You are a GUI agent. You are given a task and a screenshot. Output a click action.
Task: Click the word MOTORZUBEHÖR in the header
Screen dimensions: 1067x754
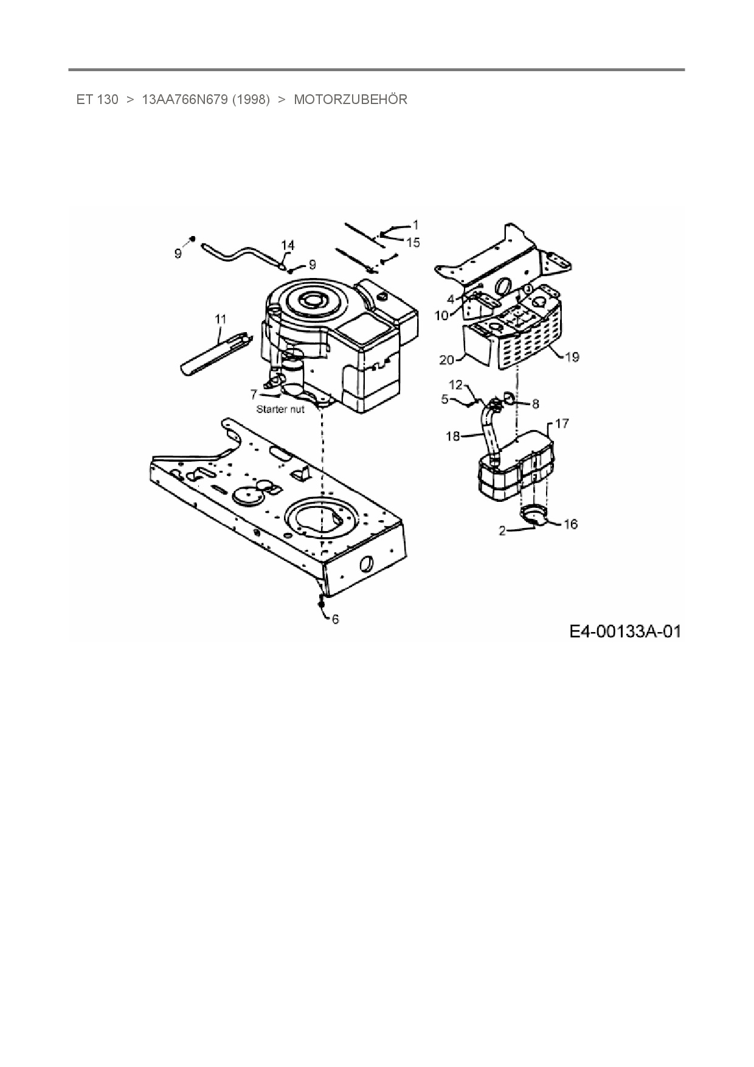(x=350, y=100)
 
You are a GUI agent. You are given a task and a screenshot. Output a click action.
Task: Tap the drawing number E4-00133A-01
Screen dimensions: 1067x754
(x=624, y=631)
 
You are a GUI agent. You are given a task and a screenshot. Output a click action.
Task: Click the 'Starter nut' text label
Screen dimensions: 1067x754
(x=280, y=409)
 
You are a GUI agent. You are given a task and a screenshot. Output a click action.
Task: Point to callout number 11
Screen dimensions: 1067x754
(x=220, y=319)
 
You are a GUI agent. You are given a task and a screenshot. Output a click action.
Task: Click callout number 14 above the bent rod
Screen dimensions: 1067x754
(x=288, y=245)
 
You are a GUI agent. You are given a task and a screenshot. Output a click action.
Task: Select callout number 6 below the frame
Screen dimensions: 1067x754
(x=335, y=619)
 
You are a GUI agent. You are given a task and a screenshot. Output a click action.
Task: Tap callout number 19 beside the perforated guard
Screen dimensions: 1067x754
(x=572, y=356)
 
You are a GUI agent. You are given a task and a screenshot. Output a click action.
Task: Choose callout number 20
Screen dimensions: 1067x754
(x=447, y=360)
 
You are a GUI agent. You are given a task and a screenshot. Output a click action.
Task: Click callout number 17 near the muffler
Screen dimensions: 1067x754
(x=562, y=423)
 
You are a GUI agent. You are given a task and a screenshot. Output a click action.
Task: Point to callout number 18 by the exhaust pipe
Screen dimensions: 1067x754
(x=453, y=436)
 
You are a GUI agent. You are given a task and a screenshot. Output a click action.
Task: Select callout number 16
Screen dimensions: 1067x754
(x=570, y=524)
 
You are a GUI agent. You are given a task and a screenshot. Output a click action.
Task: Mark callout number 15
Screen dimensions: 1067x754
(x=413, y=243)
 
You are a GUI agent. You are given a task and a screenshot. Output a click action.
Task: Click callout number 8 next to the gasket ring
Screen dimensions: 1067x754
(x=535, y=403)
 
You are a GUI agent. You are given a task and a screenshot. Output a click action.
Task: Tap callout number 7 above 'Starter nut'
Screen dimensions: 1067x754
(x=254, y=394)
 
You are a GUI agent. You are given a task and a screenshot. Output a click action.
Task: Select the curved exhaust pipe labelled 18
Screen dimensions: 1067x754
(x=490, y=432)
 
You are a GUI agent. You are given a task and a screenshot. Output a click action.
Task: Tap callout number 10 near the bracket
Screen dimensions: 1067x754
(x=441, y=315)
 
